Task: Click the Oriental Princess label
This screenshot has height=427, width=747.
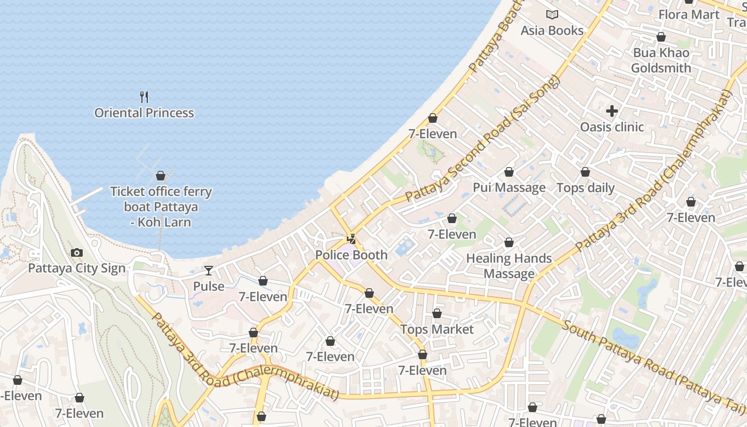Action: [x=144, y=113]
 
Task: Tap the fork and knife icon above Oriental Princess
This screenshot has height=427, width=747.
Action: [x=144, y=97]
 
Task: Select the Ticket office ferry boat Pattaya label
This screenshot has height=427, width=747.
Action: [x=161, y=207]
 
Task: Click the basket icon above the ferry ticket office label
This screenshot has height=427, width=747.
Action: [x=161, y=176]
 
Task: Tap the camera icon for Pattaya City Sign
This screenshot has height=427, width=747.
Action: [x=77, y=252]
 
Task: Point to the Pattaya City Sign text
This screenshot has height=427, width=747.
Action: [x=77, y=268]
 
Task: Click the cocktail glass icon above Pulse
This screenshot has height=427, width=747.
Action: [x=209, y=271]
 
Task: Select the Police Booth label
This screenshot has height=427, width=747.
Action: [x=351, y=255]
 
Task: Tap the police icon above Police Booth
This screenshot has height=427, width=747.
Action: [x=351, y=239]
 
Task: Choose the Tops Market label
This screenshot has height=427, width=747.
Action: [x=437, y=329]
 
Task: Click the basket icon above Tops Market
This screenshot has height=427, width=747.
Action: [x=437, y=313]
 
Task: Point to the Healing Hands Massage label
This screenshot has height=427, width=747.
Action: [x=509, y=266]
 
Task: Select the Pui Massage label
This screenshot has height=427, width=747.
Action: [x=509, y=187]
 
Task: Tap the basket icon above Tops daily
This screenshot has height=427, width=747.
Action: [x=585, y=172]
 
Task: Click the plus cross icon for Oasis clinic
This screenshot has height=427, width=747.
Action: [x=612, y=111]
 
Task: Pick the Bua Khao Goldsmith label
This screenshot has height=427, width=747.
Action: [x=661, y=60]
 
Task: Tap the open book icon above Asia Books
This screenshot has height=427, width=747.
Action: [x=552, y=15]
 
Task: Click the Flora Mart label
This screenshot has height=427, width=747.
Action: [x=689, y=14]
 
